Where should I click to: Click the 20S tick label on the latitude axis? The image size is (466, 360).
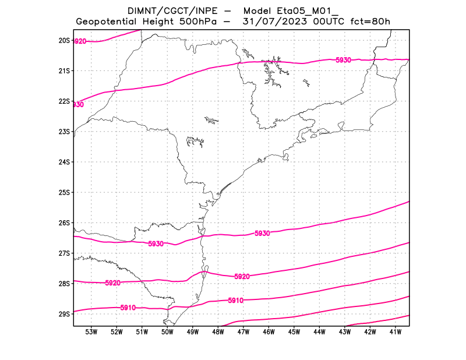tap(63, 41)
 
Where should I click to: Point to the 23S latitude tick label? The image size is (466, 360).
tap(63, 132)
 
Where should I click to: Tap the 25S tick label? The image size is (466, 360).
tap(63, 192)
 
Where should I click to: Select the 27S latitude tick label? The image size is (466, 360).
tap(63, 253)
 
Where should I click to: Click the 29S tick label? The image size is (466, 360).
tap(63, 314)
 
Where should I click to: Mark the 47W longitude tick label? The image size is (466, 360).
tap(243, 332)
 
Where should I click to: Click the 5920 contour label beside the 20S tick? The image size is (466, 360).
tap(80, 41)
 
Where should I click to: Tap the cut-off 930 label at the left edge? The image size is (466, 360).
tap(78, 105)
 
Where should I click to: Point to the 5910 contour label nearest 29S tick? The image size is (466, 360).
tap(128, 307)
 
